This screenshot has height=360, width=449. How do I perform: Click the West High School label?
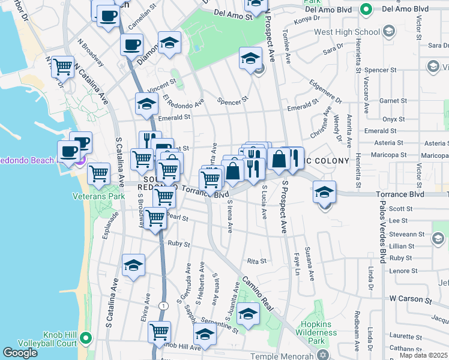tap(347, 31)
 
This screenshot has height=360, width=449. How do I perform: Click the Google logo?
tap(20, 352)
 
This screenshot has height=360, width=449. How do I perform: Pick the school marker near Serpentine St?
tap(248, 313)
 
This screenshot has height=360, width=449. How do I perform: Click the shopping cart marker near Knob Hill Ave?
tap(160, 331)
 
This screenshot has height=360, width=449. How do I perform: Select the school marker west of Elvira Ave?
tap(133, 265)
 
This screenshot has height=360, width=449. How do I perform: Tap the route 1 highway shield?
tap(164, 305)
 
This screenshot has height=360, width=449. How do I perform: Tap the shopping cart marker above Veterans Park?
tap(99, 173)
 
